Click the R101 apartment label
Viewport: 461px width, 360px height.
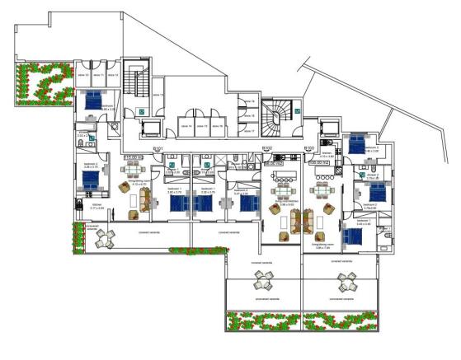click(158, 148)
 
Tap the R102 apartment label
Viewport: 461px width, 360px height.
click(266, 148)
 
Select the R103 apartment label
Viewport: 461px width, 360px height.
click(310, 148)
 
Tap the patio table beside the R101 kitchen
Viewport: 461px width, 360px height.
click(106, 239)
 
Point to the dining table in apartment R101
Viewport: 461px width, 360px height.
click(133, 173)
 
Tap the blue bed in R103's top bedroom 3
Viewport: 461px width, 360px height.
click(357, 144)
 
